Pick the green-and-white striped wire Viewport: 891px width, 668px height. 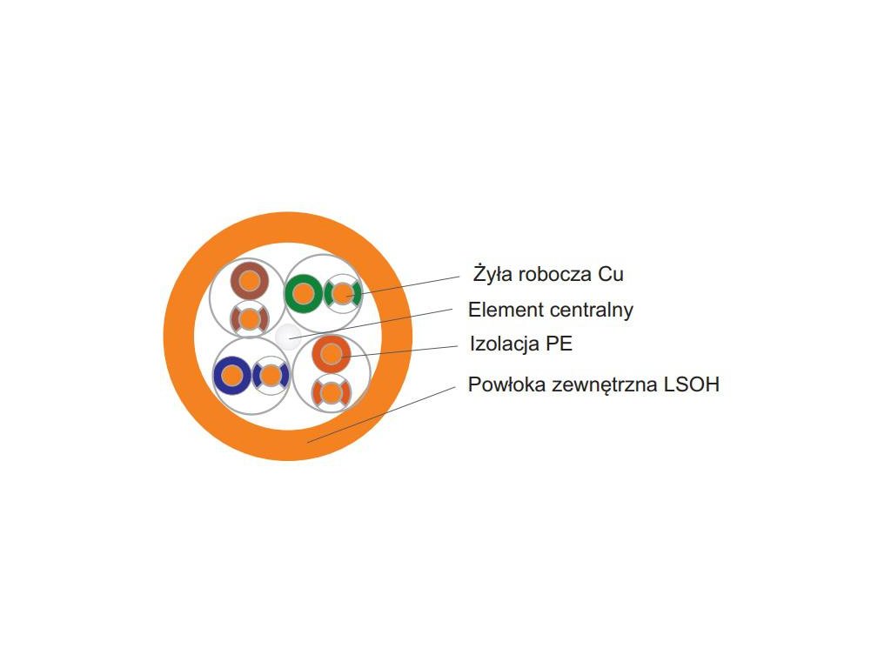[343, 294]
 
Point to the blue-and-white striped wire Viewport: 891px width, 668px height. [271, 376]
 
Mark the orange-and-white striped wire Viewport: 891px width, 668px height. [331, 393]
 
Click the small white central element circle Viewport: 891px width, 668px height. [286, 336]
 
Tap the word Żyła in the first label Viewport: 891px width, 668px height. [492, 274]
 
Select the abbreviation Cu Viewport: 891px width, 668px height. [611, 274]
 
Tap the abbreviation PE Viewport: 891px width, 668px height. [559, 344]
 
